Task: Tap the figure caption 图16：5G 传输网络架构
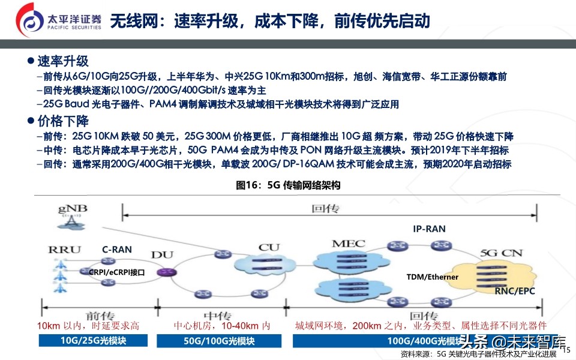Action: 288,185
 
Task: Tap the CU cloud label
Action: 269,247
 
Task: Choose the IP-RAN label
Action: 429,229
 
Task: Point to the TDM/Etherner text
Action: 432,277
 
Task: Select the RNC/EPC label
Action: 514,291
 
